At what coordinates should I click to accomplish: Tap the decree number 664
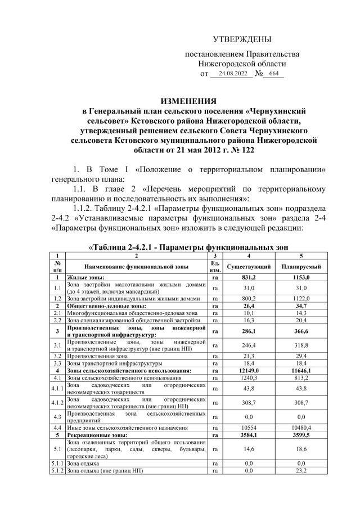(x=274, y=74)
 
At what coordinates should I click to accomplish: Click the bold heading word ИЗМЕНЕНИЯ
(x=188, y=102)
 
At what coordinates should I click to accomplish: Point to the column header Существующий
(x=249, y=266)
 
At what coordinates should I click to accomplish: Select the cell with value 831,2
(x=249, y=277)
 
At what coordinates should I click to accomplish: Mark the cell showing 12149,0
(x=249, y=371)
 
